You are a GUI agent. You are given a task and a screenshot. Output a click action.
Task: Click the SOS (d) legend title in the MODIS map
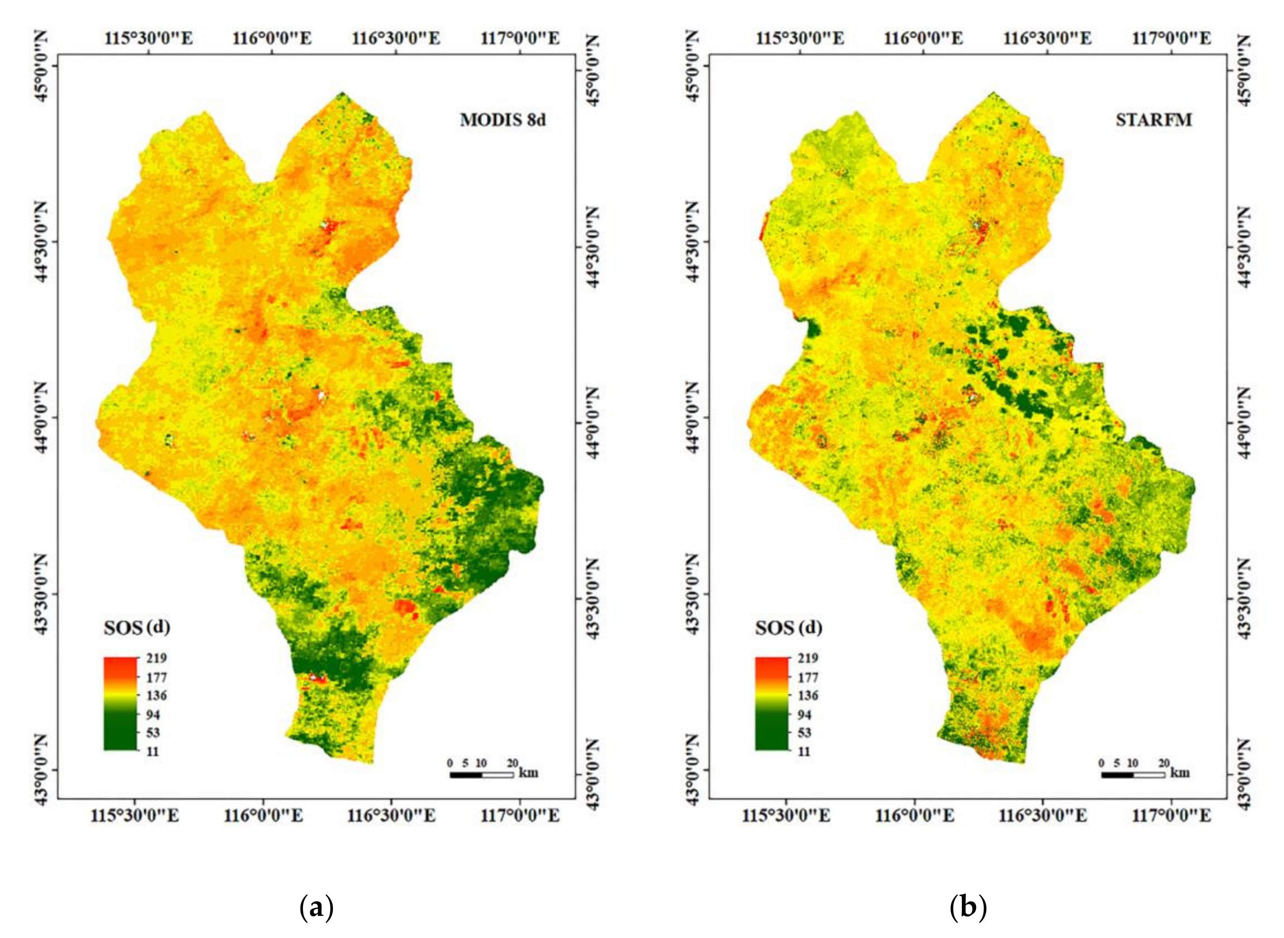click(137, 627)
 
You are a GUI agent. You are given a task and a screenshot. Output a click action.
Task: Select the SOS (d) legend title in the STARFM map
click(788, 627)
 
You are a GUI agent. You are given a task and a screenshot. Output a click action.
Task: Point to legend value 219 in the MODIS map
click(156, 658)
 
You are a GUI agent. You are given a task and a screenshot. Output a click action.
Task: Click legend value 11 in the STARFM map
click(804, 751)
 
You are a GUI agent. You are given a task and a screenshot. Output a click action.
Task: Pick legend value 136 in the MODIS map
click(156, 695)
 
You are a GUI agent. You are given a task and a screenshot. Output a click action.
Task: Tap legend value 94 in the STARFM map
click(805, 714)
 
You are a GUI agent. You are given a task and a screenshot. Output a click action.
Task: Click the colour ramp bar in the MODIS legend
click(120, 703)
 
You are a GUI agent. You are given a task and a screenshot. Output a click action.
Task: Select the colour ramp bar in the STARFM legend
click(772, 703)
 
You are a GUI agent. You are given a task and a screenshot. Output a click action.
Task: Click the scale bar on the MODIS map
click(482, 774)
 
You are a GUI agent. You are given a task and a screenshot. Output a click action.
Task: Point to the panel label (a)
click(316, 908)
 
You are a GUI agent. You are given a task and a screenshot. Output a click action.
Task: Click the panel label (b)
click(968, 908)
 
